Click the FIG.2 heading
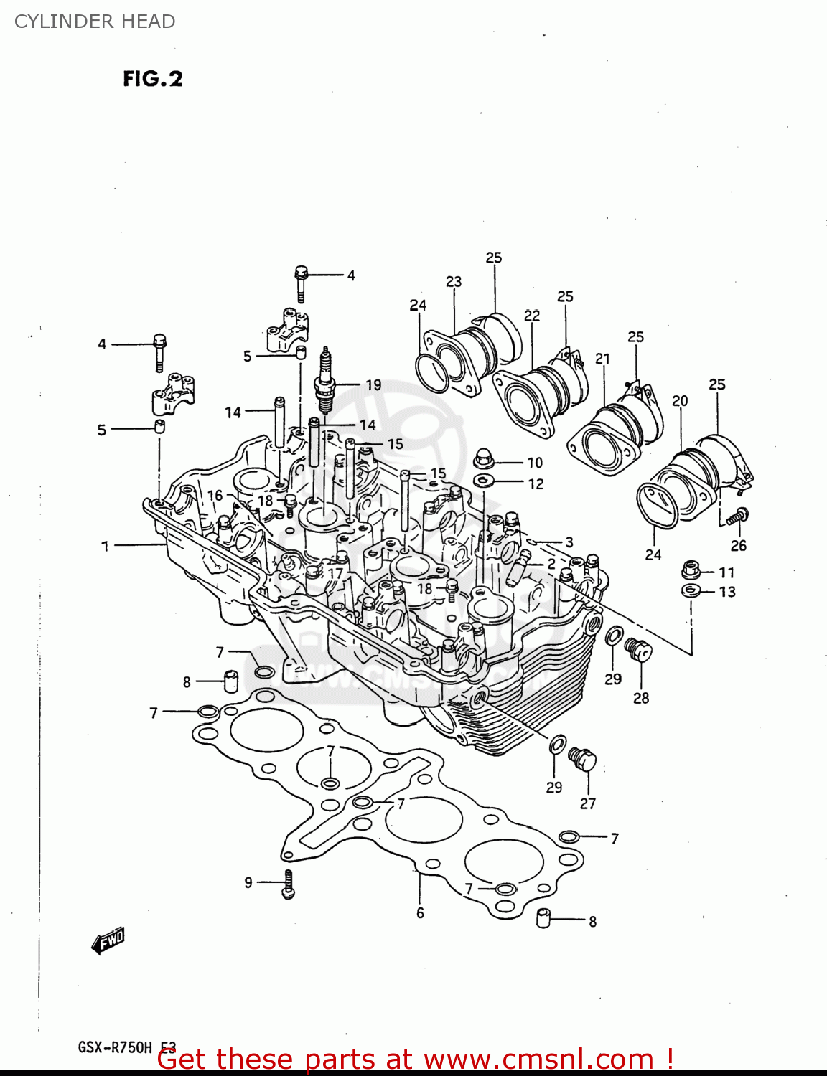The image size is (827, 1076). pyautogui.click(x=152, y=78)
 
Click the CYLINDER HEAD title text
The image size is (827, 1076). pyautogui.click(x=95, y=22)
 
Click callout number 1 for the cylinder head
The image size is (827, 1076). pyautogui.click(x=105, y=547)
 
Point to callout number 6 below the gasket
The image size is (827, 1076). pyautogui.click(x=420, y=912)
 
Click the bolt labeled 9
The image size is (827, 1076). pyautogui.click(x=288, y=883)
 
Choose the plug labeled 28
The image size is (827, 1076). pyautogui.click(x=637, y=651)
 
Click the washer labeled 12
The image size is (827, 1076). pyautogui.click(x=484, y=480)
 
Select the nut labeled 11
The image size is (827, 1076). pyautogui.click(x=691, y=571)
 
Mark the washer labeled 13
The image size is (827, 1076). pyautogui.click(x=691, y=590)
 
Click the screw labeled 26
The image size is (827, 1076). pyautogui.click(x=737, y=515)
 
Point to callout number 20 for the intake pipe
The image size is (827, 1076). pyautogui.click(x=679, y=401)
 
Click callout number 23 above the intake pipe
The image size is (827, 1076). pyautogui.click(x=453, y=282)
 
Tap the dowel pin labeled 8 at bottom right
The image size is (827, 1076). pyautogui.click(x=546, y=918)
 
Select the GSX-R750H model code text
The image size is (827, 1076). pyautogui.click(x=115, y=1047)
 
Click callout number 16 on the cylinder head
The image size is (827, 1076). pyautogui.click(x=215, y=496)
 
